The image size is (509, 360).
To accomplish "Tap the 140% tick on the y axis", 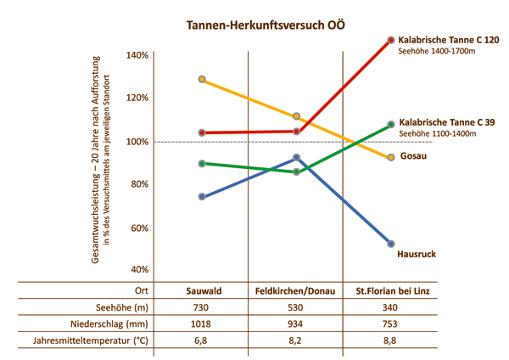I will click(x=137, y=55).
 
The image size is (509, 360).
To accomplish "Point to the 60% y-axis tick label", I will click(x=137, y=228).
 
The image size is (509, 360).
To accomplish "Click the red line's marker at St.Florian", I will click(x=391, y=40).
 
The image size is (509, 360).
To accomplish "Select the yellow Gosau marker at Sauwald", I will click(x=202, y=79).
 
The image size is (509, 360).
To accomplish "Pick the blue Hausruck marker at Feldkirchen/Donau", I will click(x=296, y=157).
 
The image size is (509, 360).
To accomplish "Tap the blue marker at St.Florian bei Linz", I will click(x=391, y=244).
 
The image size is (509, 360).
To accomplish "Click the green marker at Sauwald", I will click(x=202, y=163).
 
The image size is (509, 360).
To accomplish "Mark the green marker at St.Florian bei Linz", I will click(x=391, y=124).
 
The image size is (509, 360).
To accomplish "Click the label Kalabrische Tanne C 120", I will click(x=449, y=40).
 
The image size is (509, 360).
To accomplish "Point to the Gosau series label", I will click(x=413, y=158).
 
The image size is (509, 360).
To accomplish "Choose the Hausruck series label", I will click(x=417, y=254).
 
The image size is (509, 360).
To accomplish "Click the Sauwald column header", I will click(x=203, y=291).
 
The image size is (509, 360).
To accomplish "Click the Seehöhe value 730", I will click(x=203, y=307).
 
